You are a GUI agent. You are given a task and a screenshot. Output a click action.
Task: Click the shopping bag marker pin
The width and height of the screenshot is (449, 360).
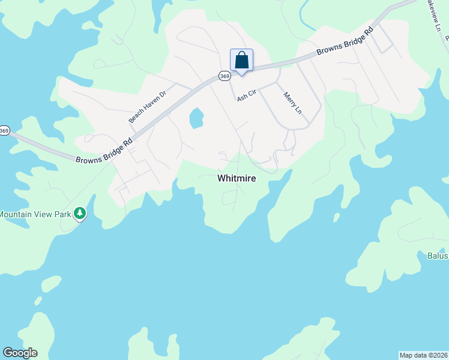tap(241, 61)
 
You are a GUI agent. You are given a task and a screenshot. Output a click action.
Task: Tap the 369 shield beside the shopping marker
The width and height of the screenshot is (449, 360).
tap(224, 76)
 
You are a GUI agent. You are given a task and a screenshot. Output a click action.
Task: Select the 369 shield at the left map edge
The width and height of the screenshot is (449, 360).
tap(4, 130)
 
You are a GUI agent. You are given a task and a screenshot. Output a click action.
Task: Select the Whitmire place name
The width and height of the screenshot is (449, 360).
tap(237, 178)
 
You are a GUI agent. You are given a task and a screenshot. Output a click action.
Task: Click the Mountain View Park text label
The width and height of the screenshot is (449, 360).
tap(34, 214)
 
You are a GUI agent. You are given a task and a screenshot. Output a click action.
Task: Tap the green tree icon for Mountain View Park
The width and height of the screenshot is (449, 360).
tap(79, 214)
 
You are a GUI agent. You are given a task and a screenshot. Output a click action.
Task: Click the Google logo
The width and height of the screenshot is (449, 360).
tap(20, 353)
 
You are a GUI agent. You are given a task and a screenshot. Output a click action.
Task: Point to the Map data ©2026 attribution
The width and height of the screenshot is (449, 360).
tap(423, 355)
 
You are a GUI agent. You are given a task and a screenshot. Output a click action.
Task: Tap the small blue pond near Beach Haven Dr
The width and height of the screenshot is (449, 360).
tap(196, 118)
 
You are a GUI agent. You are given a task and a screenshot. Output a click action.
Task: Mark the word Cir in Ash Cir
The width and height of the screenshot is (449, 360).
tap(252, 92)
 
